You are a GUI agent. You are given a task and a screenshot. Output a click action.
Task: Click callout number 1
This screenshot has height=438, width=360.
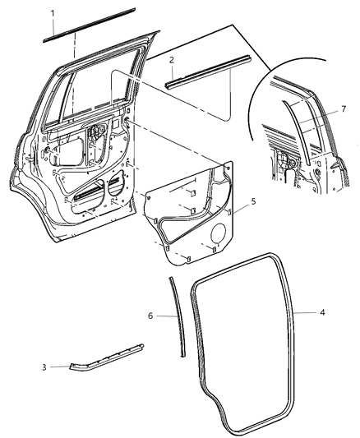pyautogui.click(x=52, y=14)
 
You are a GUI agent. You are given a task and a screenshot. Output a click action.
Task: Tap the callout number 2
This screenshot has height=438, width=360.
pyautogui.click(x=170, y=60)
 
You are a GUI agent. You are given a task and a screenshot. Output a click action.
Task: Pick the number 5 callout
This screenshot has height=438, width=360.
pyautogui.click(x=253, y=201)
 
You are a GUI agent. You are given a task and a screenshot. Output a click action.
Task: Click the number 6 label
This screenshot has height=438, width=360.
pyautogui.click(x=150, y=315)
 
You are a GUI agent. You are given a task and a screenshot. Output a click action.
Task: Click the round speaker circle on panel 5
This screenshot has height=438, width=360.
pyautogui.click(x=220, y=236)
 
